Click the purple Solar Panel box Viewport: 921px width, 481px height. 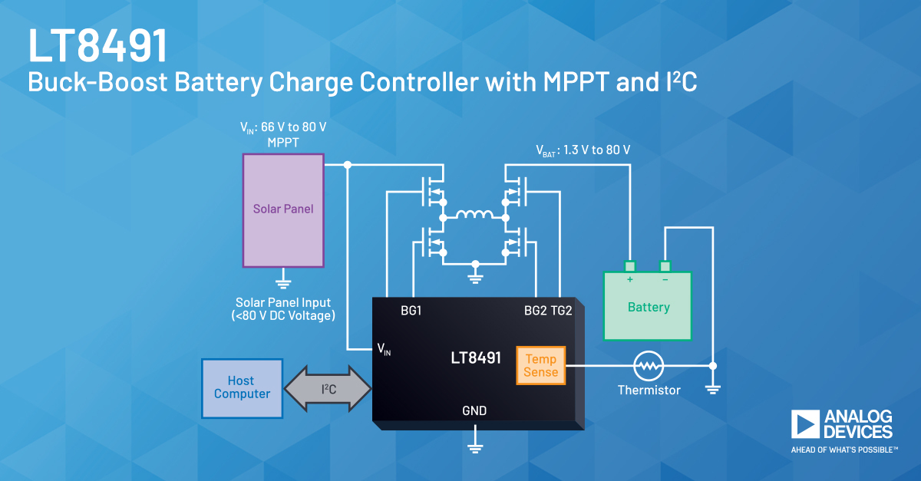283,209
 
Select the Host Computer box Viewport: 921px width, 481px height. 242,387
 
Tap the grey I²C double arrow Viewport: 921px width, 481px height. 328,388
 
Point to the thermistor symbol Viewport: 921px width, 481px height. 649,367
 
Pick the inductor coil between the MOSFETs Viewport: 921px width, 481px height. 474,216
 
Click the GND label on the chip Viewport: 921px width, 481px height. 474,410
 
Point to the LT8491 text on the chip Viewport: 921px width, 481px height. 476,357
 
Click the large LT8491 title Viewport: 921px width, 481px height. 98,47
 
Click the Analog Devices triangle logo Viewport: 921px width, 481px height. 805,424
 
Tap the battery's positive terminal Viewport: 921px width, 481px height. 630,267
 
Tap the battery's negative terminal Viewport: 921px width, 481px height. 665,267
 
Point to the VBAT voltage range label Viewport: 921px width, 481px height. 583,150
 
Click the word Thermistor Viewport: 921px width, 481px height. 649,390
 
